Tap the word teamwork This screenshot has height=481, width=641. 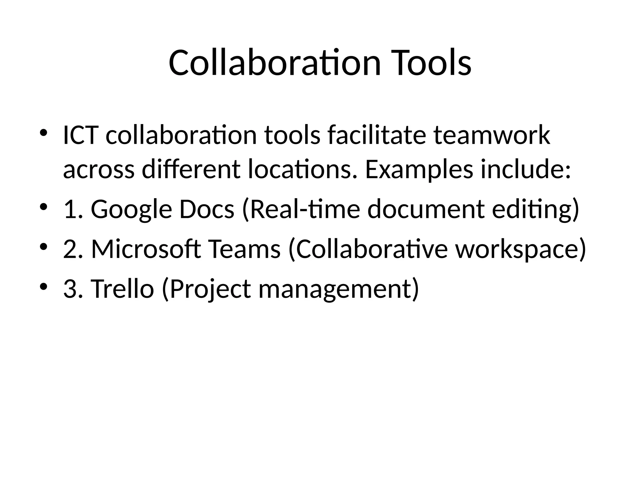(492, 135)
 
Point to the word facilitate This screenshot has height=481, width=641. (377, 135)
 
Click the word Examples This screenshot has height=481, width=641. (419, 170)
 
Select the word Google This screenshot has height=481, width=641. (131, 209)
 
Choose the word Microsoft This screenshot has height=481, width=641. (146, 249)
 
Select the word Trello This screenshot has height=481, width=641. (122, 288)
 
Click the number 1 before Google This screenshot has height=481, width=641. (69, 209)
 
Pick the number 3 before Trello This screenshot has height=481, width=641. (69, 288)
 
